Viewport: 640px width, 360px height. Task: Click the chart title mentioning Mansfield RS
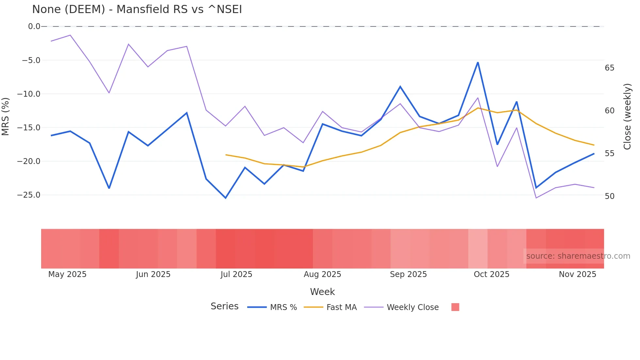(137, 9)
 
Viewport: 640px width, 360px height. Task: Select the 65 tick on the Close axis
(609, 68)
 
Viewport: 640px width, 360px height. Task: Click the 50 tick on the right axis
(609, 196)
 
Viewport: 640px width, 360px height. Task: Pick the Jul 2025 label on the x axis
(236, 274)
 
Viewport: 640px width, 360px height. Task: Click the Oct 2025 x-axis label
(491, 274)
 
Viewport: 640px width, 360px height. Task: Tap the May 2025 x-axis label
(67, 274)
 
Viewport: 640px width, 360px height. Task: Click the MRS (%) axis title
(5, 116)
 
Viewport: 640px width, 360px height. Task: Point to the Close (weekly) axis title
(627, 117)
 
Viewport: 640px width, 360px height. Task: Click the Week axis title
(322, 292)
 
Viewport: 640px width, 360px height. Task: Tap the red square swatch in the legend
(455, 307)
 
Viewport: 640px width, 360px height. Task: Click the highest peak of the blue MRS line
(478, 62)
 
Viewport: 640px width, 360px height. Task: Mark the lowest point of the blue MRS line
(225, 198)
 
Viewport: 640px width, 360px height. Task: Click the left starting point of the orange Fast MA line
(226, 155)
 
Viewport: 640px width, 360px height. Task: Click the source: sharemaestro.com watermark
(578, 256)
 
